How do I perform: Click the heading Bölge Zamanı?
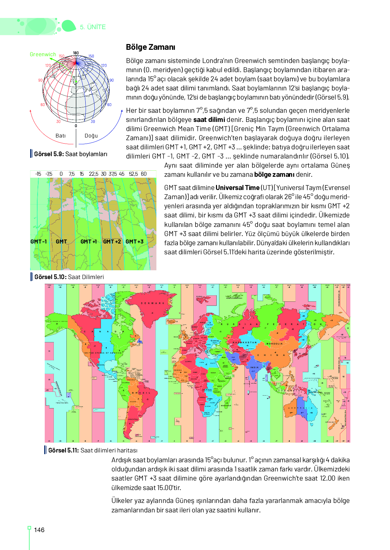[150, 47]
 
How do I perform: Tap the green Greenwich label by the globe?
[43, 54]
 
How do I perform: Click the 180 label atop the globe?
[76, 53]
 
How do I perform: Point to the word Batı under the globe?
[61, 135]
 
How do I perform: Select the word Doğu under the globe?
[91, 135]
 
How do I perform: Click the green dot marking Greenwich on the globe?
[76, 82]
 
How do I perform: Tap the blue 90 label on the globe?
[111, 80]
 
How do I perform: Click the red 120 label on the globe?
[48, 65]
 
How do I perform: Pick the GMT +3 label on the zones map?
[134, 241]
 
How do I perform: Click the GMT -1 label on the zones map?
[39, 241]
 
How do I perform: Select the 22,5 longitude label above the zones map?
[93, 174]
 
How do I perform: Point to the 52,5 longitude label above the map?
[133, 174]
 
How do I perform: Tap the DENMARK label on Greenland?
[152, 303]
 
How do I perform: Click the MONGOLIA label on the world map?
[274, 344]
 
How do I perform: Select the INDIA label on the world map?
[254, 367]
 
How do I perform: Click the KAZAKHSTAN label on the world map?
[244, 342]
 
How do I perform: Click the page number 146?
[39, 530]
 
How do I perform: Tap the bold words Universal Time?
[237, 188]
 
